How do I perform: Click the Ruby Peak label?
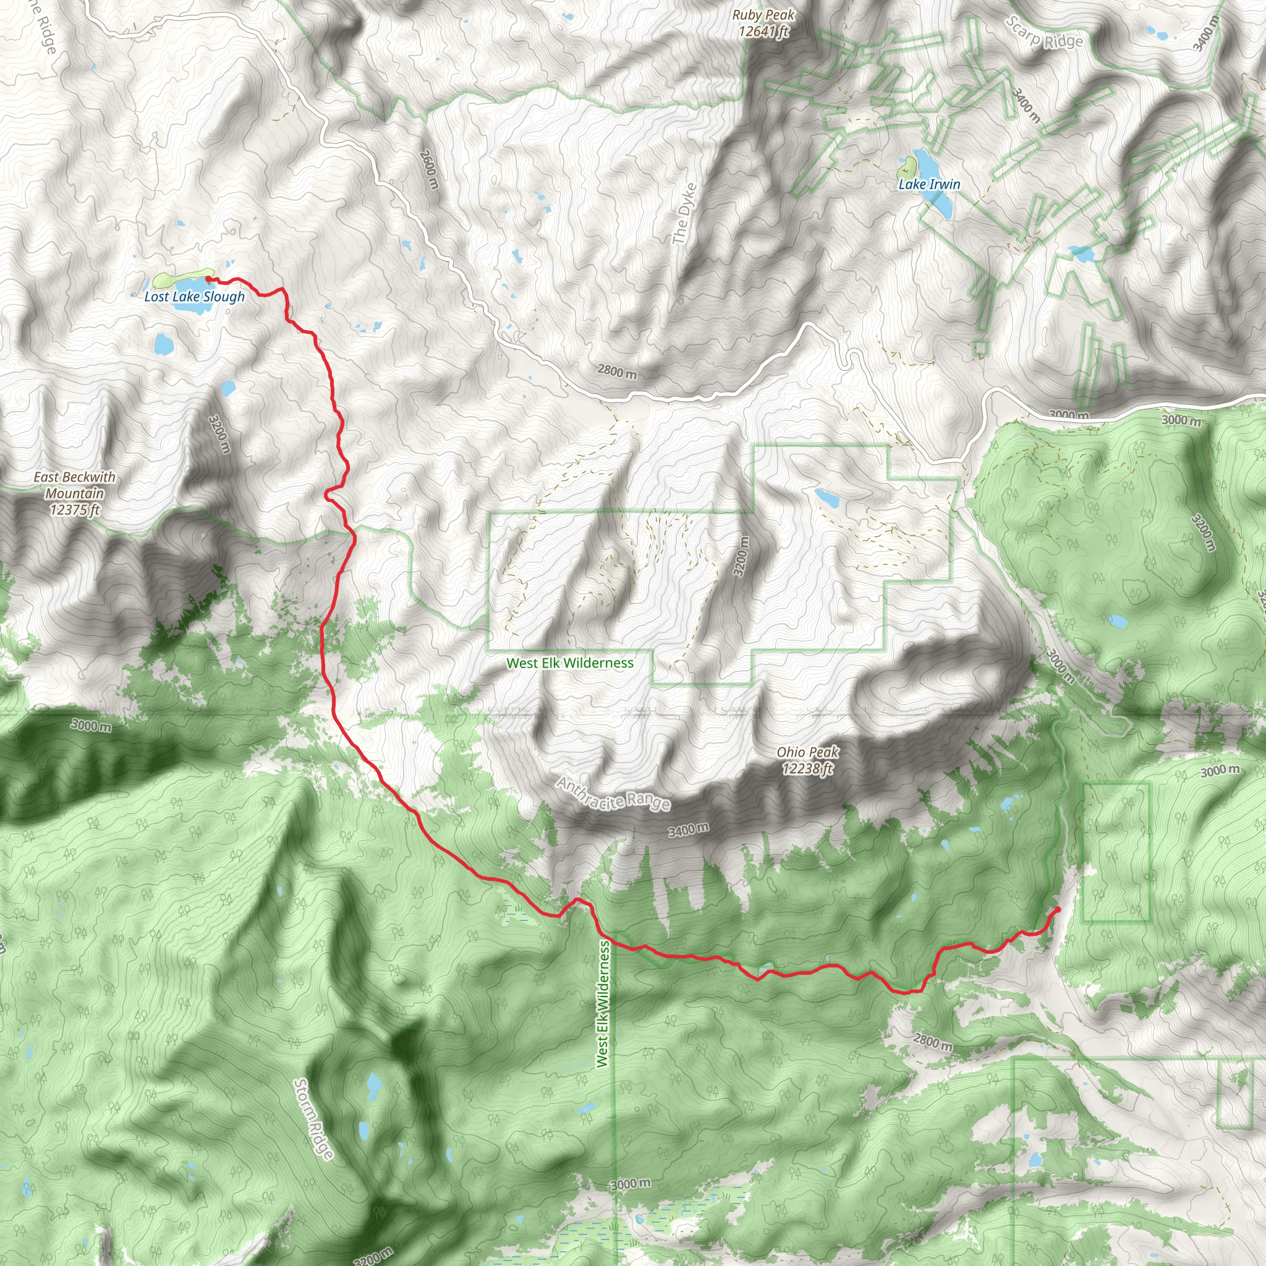pos(763,23)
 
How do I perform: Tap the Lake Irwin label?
pos(929,185)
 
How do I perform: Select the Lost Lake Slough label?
pos(195,297)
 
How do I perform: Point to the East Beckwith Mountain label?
pos(75,493)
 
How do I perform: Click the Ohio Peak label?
pos(807,760)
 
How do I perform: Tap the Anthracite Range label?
pos(614,794)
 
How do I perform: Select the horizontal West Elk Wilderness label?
pos(570,663)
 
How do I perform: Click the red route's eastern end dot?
pos(1058,910)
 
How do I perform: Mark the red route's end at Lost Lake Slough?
pos(208,279)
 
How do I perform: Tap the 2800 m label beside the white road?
pos(616,372)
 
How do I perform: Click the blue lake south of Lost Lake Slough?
pos(162,342)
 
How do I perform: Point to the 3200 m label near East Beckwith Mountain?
pos(220,433)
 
